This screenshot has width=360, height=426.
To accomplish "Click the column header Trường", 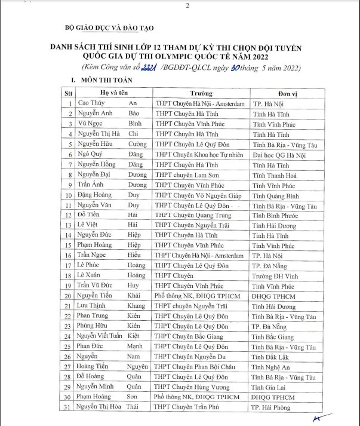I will coord(201,94).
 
